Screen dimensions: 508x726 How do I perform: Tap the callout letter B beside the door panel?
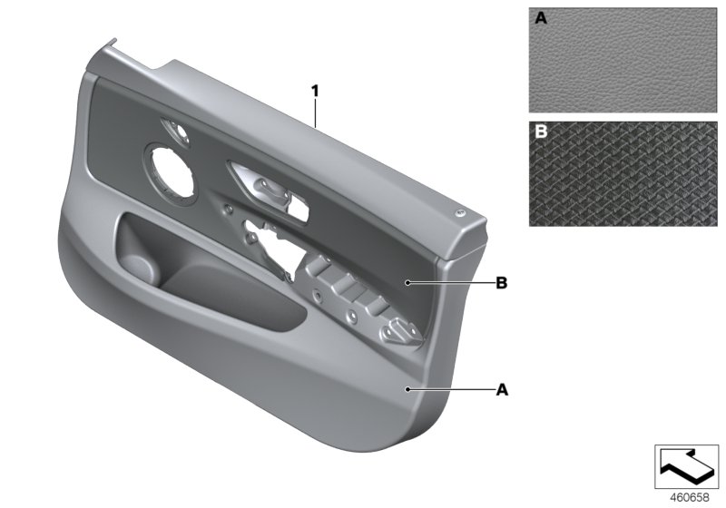(x=501, y=283)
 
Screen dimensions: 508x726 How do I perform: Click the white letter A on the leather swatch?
(x=542, y=17)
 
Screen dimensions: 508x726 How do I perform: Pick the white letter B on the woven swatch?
(x=542, y=132)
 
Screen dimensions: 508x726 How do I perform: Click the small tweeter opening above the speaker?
(x=177, y=130)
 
